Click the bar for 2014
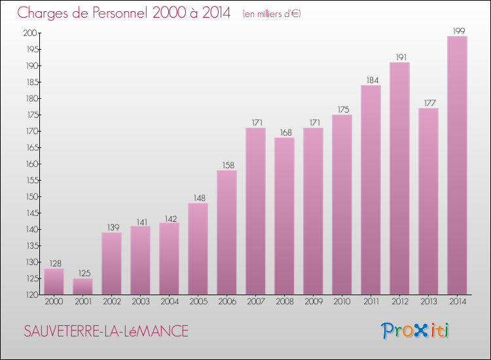pos(457,165)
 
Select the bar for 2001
pos(82,286)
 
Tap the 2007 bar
pos(255,211)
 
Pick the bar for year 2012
pos(399,178)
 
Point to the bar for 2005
pos(198,249)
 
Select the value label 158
pos(227,165)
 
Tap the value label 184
pos(371,80)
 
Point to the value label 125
pos(82,273)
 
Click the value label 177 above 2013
pos(428,103)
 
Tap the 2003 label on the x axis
pos(140,302)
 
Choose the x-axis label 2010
pos(342,302)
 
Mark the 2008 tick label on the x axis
pos(284,302)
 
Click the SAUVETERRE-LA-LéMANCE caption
pos(105,332)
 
